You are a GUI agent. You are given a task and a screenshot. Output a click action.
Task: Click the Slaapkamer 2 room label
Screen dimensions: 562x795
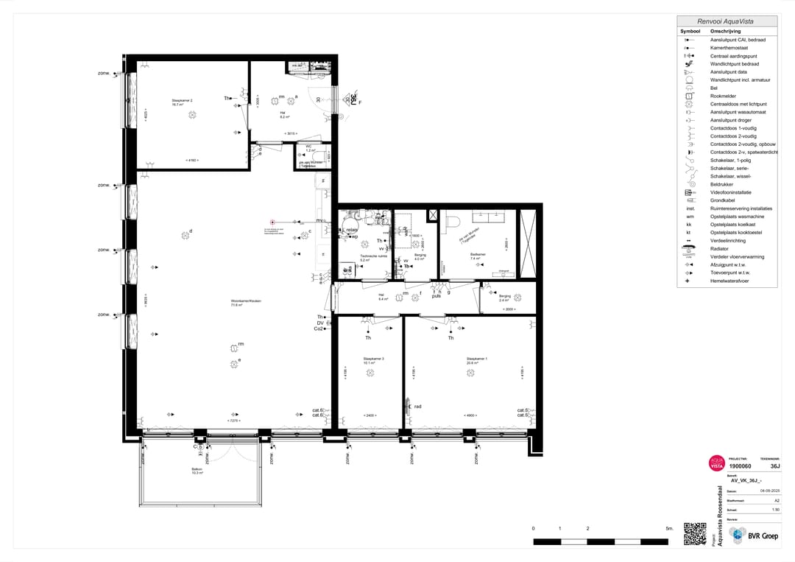(x=182, y=102)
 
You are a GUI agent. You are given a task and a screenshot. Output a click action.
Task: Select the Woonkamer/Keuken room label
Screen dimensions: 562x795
(x=246, y=302)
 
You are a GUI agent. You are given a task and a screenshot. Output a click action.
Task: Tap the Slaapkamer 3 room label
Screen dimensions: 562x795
(x=373, y=360)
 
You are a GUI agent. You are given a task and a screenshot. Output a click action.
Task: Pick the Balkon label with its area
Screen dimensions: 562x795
(x=197, y=471)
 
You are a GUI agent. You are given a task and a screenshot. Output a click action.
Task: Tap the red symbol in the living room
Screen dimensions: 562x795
(x=272, y=222)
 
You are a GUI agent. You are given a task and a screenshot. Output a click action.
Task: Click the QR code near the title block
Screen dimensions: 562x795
(x=694, y=533)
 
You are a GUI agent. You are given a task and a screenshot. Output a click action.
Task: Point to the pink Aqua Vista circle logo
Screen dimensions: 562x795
(x=716, y=463)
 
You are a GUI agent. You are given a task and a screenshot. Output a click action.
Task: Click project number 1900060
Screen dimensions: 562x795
(x=740, y=466)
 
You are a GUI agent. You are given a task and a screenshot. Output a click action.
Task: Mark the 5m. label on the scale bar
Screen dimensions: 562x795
(x=669, y=529)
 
